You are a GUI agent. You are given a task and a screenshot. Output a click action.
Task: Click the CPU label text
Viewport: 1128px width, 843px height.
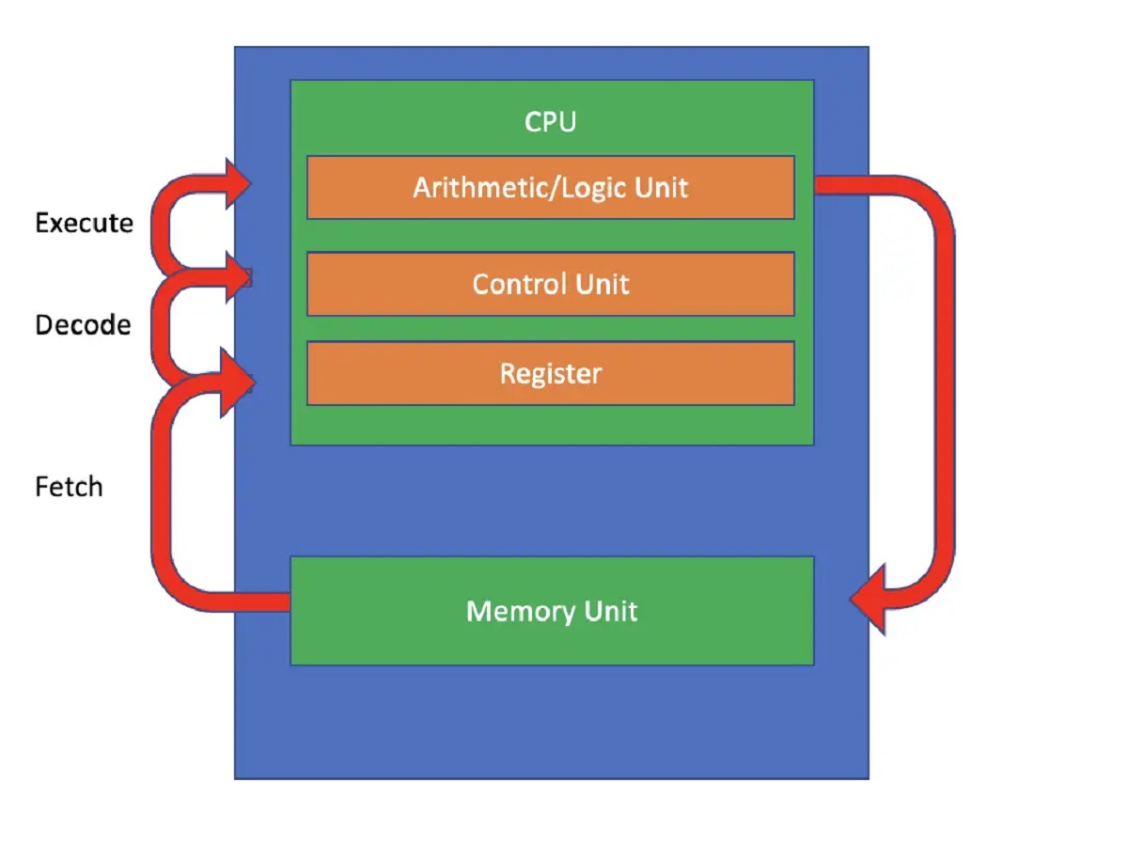pos(550,122)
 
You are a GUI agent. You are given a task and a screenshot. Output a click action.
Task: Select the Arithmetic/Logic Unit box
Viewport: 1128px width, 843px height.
pos(550,187)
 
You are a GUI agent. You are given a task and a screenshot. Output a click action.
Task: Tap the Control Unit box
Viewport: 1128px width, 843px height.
pos(550,284)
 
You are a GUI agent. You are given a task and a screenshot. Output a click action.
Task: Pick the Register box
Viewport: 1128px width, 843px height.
pos(550,373)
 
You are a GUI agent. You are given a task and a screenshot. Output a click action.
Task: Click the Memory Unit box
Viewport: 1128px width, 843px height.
pos(552,611)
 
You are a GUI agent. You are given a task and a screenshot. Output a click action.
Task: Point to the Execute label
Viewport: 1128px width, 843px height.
pos(84,224)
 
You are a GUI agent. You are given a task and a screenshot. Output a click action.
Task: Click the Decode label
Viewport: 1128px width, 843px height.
pos(83,325)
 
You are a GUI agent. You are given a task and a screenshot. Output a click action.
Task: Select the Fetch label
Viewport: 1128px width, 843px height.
pos(69,487)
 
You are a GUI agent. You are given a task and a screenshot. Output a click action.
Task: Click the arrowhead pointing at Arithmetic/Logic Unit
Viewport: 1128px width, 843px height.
pos(236,183)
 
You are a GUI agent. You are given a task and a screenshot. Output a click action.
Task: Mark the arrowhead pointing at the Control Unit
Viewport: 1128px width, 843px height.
pos(236,277)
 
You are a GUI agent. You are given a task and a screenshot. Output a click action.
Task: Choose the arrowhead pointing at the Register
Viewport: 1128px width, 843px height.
pos(236,381)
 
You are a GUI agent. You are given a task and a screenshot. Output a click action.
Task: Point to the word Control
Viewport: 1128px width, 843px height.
pos(515,284)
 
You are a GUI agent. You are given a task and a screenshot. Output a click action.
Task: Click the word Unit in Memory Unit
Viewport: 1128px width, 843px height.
pos(611,611)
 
